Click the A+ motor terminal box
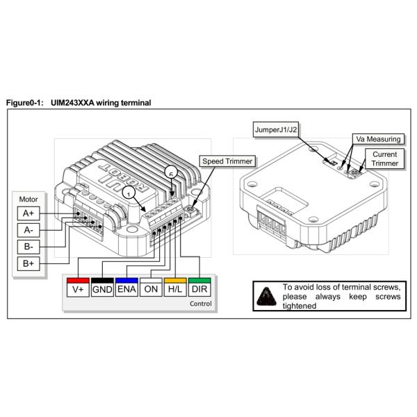[x=28, y=213]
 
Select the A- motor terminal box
[x=28, y=230]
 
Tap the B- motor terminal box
[x=28, y=247]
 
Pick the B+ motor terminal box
[x=28, y=264]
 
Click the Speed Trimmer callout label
[x=227, y=161]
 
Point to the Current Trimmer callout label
[x=384, y=158]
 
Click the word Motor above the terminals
[x=28, y=197]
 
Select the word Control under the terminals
[x=199, y=304]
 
